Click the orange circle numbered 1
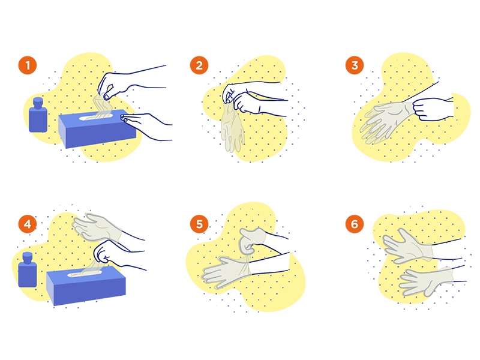pyautogui.click(x=28, y=65)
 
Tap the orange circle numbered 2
pyautogui.click(x=199, y=65)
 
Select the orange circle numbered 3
pyautogui.click(x=355, y=65)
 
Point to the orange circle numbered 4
pyautogui.click(x=28, y=224)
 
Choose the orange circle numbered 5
pyautogui.click(x=199, y=224)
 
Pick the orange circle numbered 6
pyautogui.click(x=355, y=224)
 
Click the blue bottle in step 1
pyautogui.click(x=38, y=115)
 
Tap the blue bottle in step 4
pyautogui.click(x=28, y=270)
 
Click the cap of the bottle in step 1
pyautogui.click(x=38, y=102)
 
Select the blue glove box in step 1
pyautogui.click(x=97, y=128)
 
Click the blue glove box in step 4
pyautogui.click(x=86, y=286)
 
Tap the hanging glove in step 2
pyautogui.click(x=233, y=127)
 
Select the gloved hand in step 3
pyautogui.click(x=387, y=122)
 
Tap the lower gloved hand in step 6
pyautogui.click(x=426, y=281)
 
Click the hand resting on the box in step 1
pyautogui.click(x=146, y=125)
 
